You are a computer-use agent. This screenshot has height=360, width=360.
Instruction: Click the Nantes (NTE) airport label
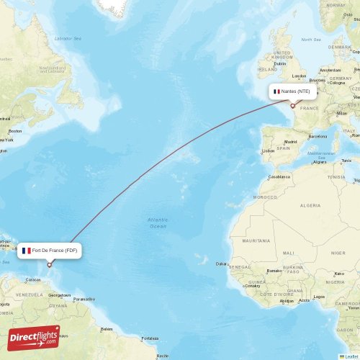[x=292, y=91]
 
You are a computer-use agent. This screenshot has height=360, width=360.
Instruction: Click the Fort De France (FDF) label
[x=50, y=251]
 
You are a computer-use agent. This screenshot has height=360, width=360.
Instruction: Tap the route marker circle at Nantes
[x=292, y=106]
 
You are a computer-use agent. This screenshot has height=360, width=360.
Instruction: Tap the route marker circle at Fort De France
[x=50, y=265]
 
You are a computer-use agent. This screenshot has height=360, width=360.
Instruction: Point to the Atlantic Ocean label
[x=157, y=222]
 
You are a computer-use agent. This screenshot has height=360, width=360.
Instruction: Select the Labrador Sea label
[x=68, y=37]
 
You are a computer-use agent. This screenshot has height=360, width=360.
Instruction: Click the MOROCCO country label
[x=264, y=197]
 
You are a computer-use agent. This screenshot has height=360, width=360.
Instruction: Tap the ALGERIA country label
[x=310, y=205]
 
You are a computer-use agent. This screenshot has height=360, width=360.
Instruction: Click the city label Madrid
[x=291, y=142]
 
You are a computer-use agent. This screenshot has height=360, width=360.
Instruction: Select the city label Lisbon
[x=268, y=150]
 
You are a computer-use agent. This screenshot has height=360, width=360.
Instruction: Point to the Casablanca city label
[x=279, y=176]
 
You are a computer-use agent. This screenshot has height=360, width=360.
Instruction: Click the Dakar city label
[x=222, y=264]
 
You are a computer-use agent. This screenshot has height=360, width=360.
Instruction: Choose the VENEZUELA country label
[x=30, y=294]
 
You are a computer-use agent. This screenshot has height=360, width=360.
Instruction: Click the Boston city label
[x=14, y=131]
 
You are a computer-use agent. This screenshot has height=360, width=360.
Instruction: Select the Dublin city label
[x=280, y=63]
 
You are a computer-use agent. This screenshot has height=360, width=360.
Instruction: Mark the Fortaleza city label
[x=150, y=338]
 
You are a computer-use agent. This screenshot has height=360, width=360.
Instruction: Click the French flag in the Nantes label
[x=276, y=91]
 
